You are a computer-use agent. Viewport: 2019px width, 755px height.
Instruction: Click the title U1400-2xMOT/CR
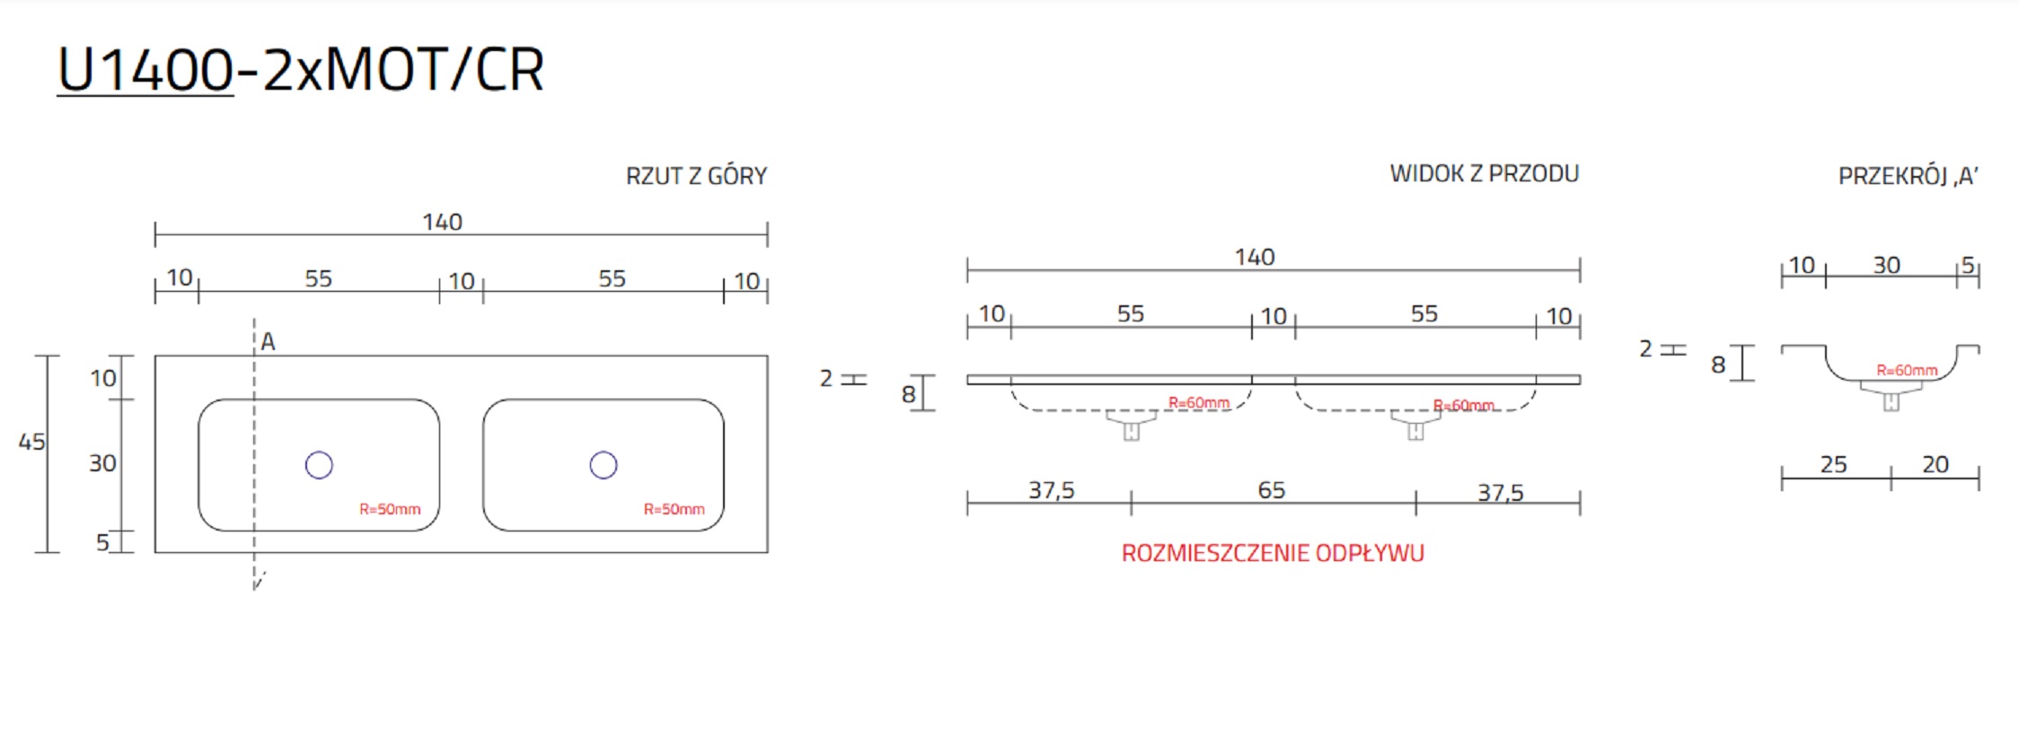(x=301, y=70)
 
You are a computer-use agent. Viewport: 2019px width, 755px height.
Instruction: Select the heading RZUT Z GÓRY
(x=696, y=176)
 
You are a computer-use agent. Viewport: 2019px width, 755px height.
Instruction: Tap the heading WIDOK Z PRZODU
(x=1484, y=173)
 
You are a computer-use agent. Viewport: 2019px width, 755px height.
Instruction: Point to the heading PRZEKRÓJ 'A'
(x=1908, y=176)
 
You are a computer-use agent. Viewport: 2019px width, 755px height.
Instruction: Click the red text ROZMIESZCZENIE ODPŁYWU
(x=1273, y=553)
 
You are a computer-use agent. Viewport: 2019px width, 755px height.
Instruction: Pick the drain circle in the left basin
(x=319, y=465)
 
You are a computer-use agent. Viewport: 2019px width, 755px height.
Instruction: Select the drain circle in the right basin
(x=604, y=465)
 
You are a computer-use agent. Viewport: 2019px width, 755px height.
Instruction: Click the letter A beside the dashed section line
(x=268, y=342)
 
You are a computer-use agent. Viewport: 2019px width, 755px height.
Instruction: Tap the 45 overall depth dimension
(x=31, y=442)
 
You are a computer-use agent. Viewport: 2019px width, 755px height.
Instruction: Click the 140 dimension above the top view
(x=443, y=222)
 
